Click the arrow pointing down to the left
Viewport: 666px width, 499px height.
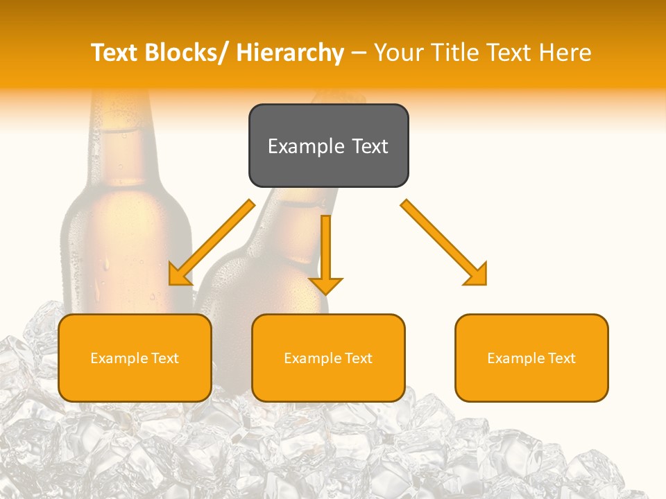coord(211,243)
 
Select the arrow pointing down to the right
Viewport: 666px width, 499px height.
coord(445,243)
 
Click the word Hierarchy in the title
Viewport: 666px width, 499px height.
coord(289,53)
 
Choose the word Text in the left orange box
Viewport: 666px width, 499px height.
coord(164,358)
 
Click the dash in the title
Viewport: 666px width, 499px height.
coord(359,53)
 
